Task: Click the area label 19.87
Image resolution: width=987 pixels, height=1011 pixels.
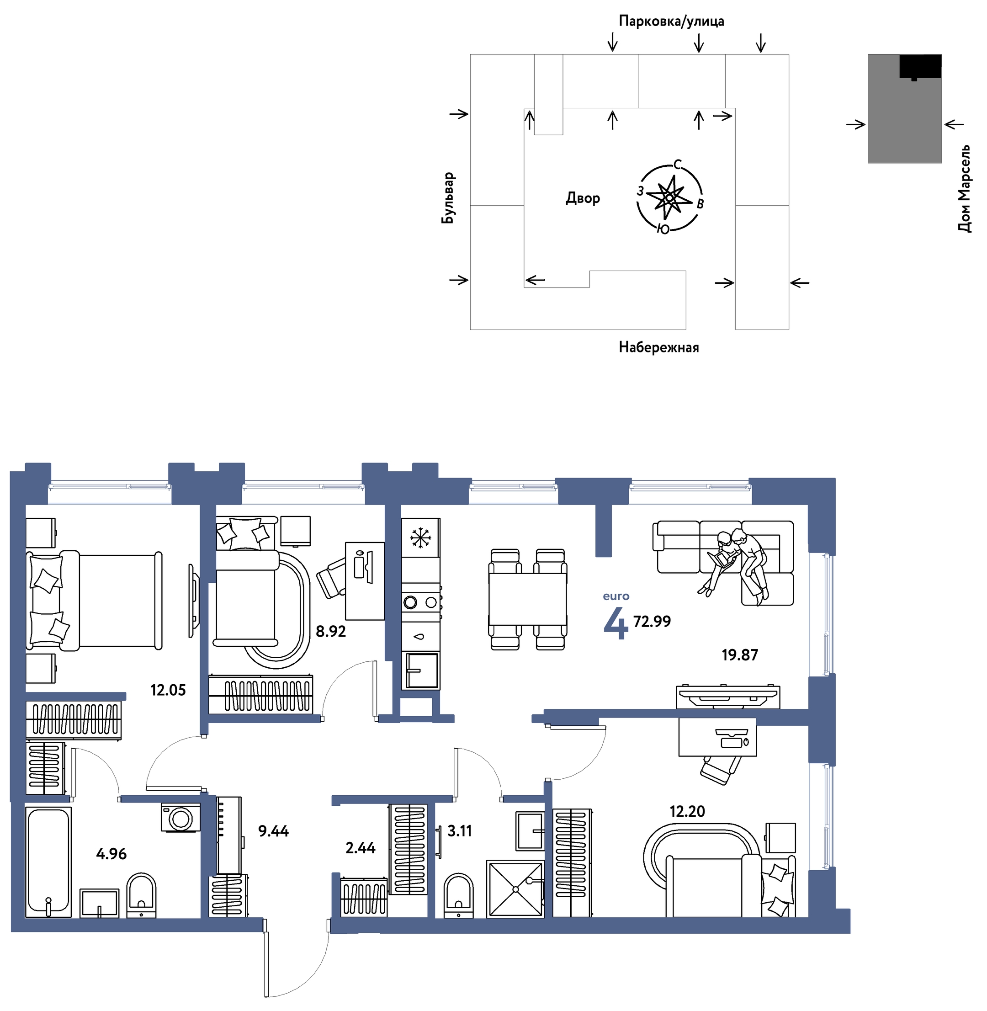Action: (740, 655)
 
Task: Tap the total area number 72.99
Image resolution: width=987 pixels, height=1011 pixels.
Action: (652, 621)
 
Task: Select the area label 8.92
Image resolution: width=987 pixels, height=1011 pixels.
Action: (331, 631)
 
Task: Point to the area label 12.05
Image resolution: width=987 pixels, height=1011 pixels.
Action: (168, 690)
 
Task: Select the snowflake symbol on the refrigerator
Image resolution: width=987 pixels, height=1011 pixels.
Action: (420, 537)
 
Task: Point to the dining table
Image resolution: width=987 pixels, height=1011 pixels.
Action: (528, 599)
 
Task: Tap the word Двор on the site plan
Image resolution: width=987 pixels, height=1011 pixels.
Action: (583, 198)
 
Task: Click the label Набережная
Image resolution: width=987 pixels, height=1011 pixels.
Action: (659, 347)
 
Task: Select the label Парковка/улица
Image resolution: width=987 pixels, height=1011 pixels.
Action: (671, 21)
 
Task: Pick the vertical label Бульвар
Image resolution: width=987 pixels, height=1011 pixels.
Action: (448, 198)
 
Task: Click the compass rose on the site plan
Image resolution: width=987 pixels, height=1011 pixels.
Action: (670, 197)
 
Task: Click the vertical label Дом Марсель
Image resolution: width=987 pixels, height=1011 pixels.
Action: (964, 189)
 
